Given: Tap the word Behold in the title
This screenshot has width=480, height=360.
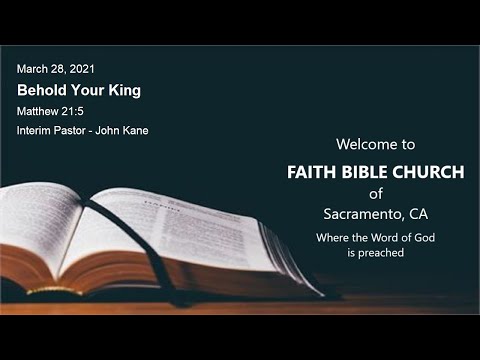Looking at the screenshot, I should tap(42, 90).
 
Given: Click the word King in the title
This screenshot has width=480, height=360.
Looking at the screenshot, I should tap(124, 90).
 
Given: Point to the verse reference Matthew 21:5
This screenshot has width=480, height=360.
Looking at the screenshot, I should tap(49, 111).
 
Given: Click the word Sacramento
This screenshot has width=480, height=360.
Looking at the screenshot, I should tap(363, 213).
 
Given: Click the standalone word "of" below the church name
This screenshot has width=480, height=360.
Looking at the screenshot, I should tap(375, 193).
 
